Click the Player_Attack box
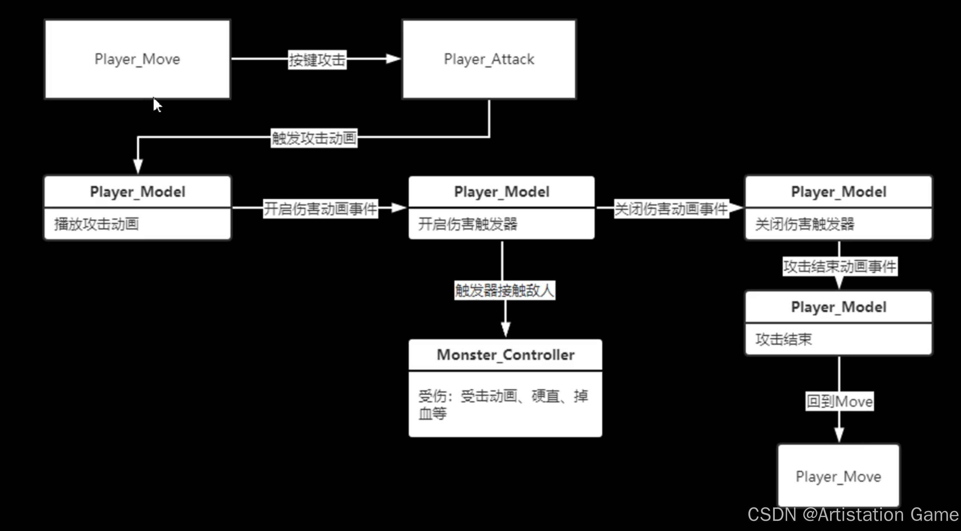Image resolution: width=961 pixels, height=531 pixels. [x=489, y=59]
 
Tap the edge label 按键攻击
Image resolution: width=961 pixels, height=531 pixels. [x=317, y=60]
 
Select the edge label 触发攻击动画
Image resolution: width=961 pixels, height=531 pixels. [x=314, y=138]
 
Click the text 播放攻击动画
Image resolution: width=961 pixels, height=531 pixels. [x=97, y=224]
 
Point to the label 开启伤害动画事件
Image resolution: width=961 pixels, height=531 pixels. [x=320, y=208]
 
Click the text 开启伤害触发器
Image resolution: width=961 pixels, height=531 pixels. [x=468, y=224]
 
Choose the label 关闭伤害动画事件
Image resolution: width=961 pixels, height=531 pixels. [x=671, y=208]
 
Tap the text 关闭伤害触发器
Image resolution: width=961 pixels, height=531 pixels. [x=805, y=224]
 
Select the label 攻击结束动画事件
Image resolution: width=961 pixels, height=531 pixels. [x=840, y=266]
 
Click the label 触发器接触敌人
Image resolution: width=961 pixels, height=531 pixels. [x=504, y=290]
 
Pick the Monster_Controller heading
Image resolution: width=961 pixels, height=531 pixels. [x=506, y=355]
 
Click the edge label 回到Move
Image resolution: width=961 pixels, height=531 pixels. [x=839, y=402]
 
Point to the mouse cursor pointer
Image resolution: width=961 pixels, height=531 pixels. [x=157, y=104]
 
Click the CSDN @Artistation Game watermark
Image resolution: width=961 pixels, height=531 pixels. [x=853, y=515]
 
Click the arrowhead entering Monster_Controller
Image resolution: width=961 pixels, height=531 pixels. [x=506, y=329]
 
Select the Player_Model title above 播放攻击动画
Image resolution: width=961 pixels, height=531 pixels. [x=138, y=192]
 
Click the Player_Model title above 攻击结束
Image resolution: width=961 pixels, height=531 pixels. [x=839, y=307]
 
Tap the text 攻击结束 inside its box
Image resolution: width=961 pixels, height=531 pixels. [x=783, y=340]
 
